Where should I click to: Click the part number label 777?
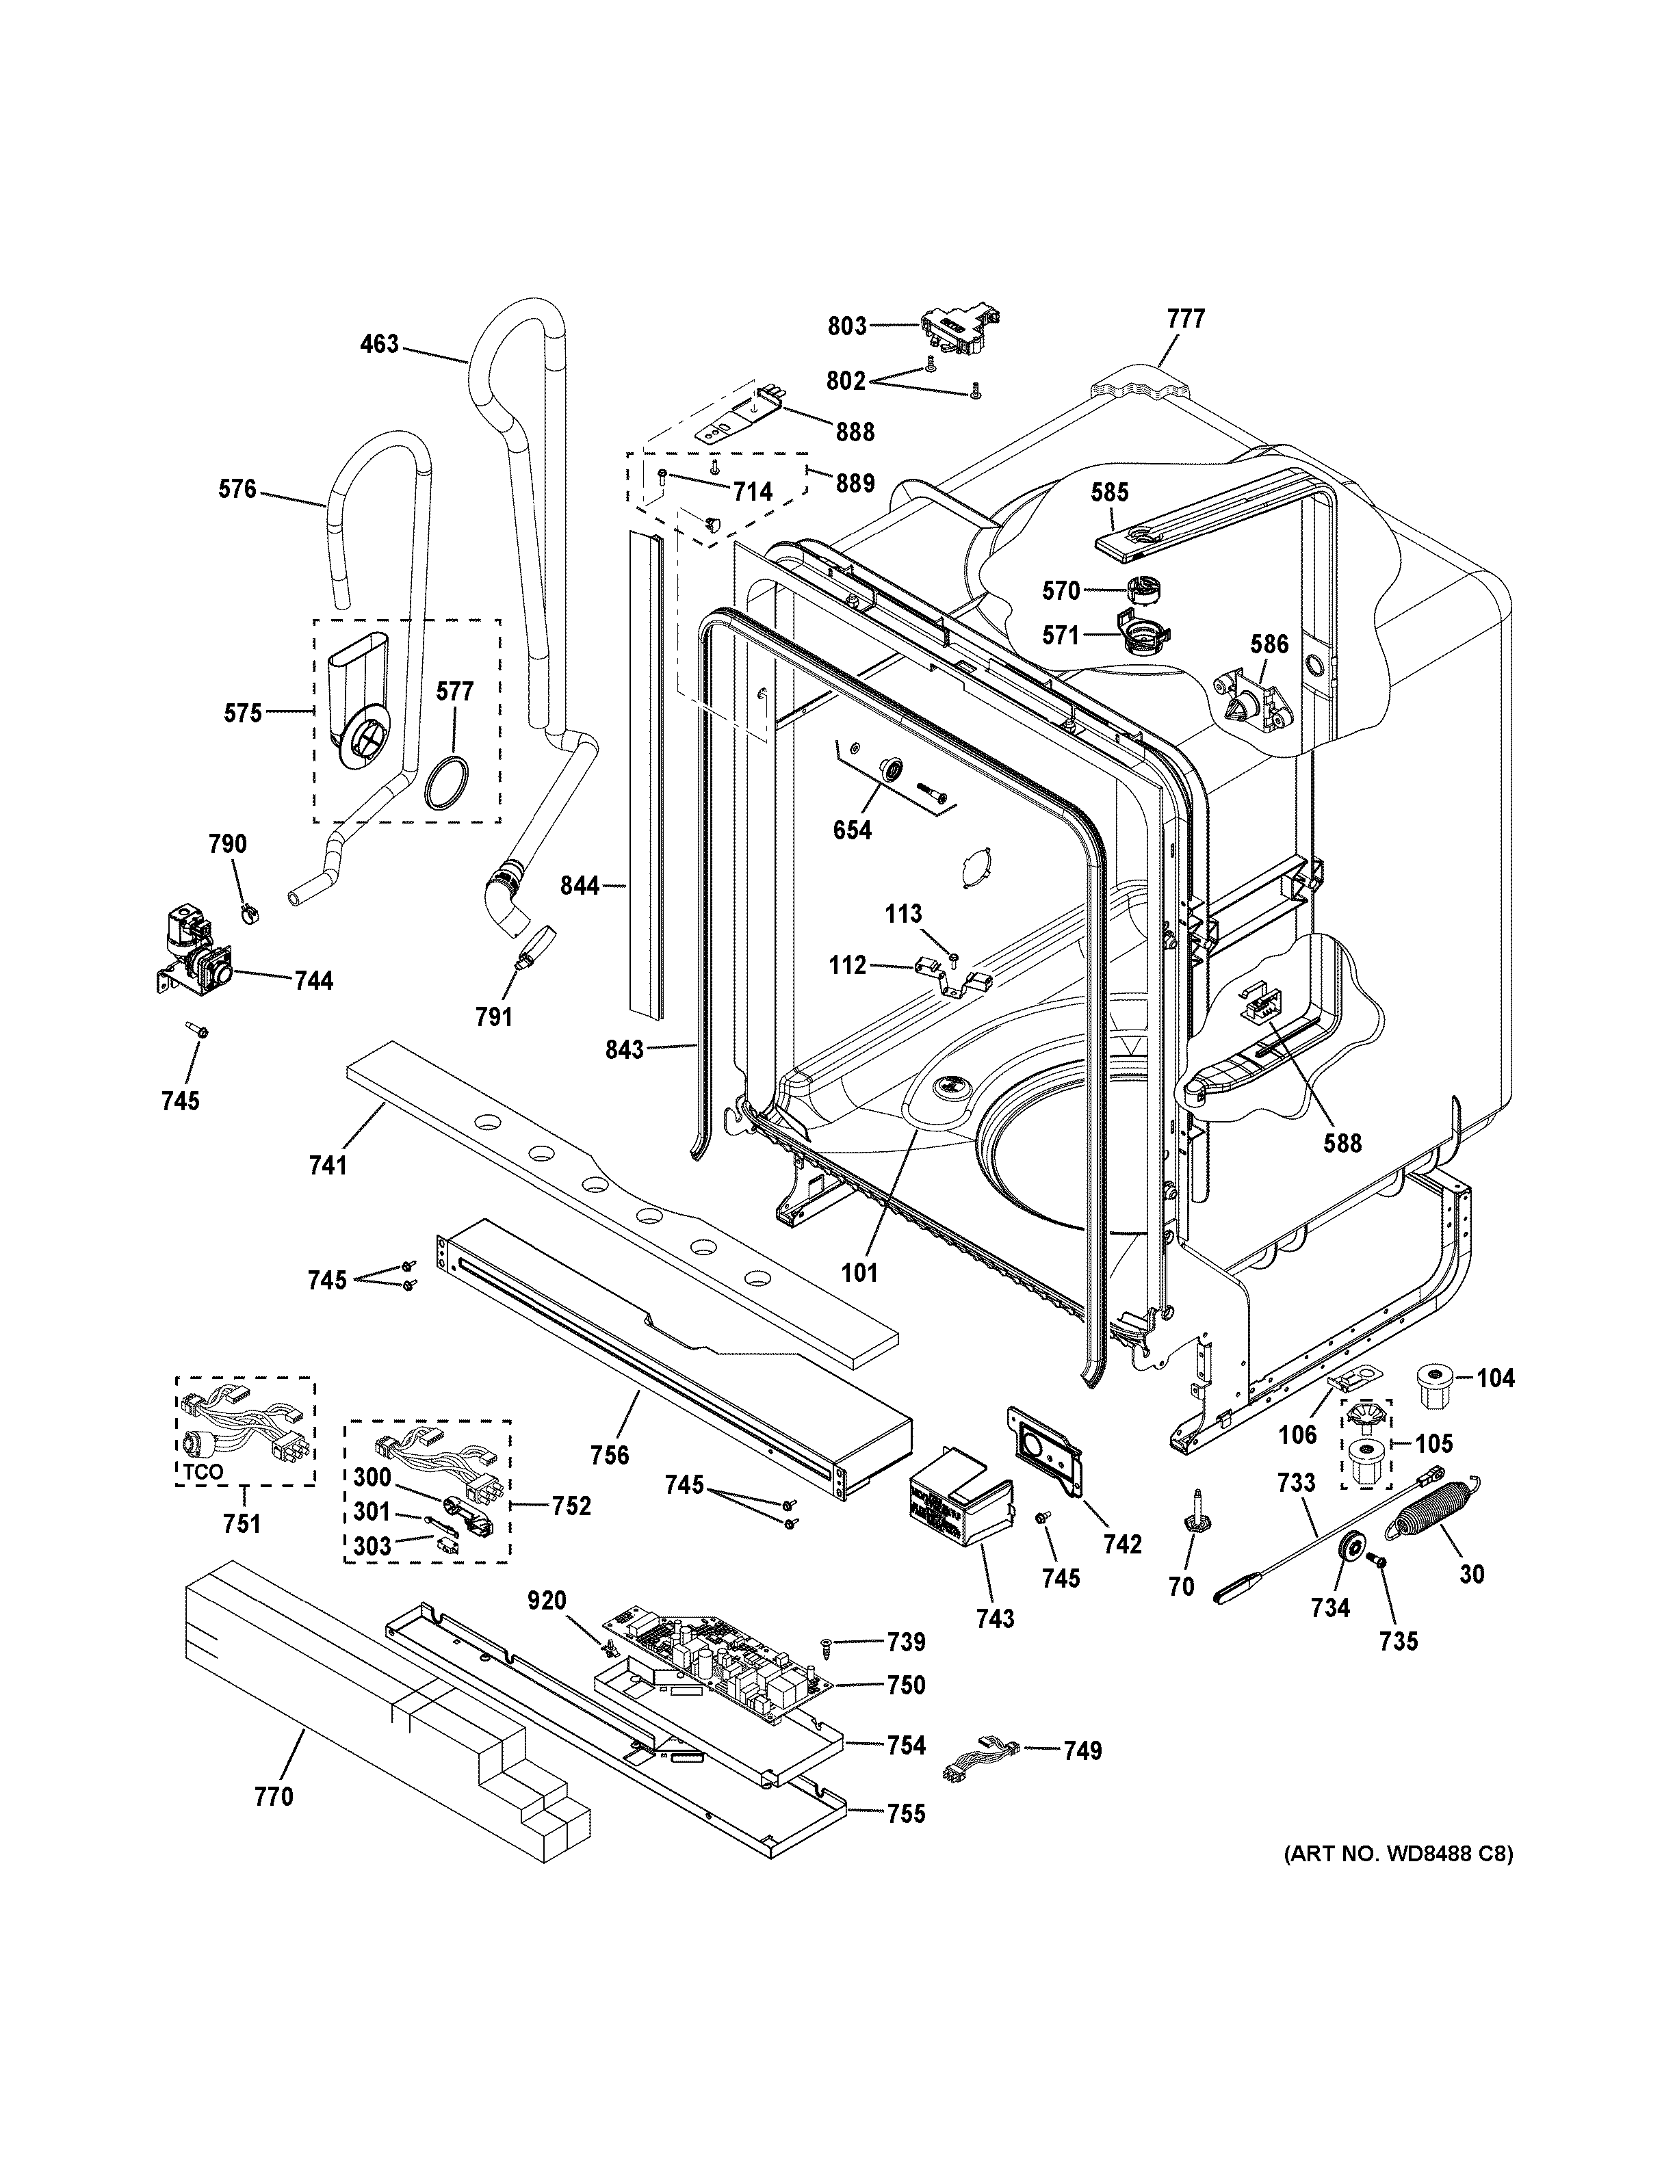point(1185,319)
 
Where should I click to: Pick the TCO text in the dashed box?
point(203,1473)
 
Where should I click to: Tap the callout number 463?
point(379,344)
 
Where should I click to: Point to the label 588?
point(1342,1143)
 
